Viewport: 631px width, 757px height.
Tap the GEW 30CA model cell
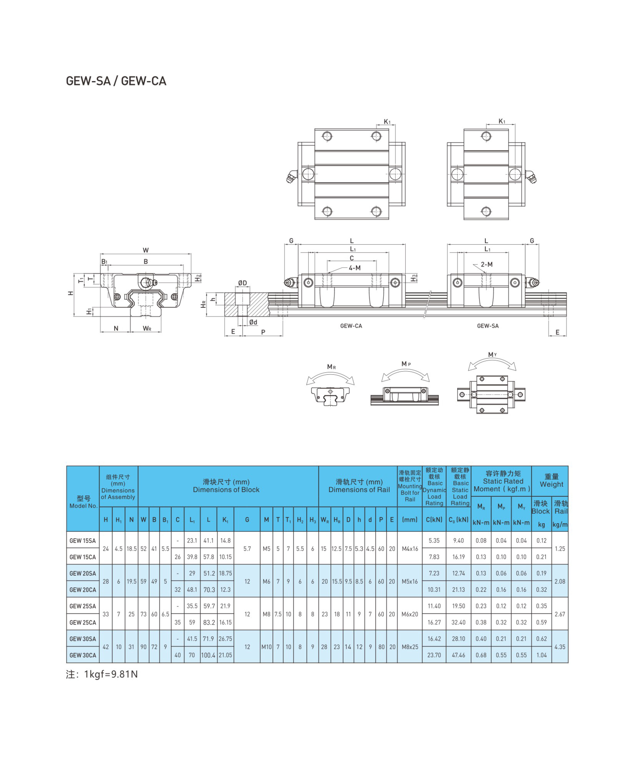click(x=83, y=655)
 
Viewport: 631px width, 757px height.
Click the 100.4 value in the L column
click(x=208, y=655)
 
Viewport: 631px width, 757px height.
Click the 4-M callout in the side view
click(x=354, y=268)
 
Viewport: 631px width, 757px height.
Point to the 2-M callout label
click(x=486, y=264)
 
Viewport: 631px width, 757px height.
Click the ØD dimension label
click(x=242, y=283)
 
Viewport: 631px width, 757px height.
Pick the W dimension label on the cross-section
click(x=146, y=250)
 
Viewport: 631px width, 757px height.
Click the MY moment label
click(x=492, y=355)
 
